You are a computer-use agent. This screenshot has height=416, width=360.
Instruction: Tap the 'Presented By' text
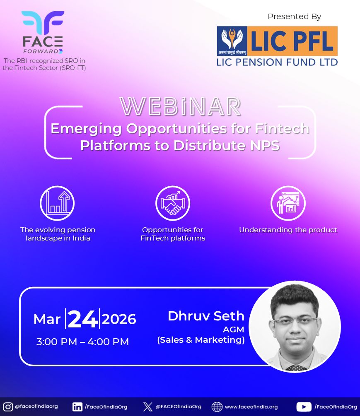tap(294, 17)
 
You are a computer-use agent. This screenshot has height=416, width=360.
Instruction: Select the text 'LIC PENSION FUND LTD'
tap(277, 62)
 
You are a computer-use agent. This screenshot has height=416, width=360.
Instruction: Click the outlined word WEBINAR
tap(180, 107)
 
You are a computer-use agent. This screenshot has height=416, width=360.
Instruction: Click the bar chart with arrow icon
tap(57, 203)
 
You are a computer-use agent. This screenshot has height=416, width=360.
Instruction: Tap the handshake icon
tap(173, 203)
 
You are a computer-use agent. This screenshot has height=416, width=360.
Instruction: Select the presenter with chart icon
tap(288, 203)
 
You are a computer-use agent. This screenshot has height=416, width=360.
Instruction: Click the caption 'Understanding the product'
tap(288, 230)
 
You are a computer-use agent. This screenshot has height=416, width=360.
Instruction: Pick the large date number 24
tap(83, 319)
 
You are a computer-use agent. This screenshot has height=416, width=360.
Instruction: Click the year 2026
tap(119, 319)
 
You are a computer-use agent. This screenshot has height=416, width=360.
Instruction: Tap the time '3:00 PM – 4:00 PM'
tap(82, 342)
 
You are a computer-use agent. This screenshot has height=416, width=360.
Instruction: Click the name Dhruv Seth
tap(206, 316)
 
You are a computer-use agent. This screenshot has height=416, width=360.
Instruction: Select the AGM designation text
tap(234, 330)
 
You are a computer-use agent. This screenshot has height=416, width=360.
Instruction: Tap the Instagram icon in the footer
tap(8, 406)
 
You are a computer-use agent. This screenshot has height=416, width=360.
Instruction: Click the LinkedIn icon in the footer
tap(77, 406)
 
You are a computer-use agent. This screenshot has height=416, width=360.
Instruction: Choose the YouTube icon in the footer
tap(304, 406)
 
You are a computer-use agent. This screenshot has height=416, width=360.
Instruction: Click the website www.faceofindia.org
tap(251, 407)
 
